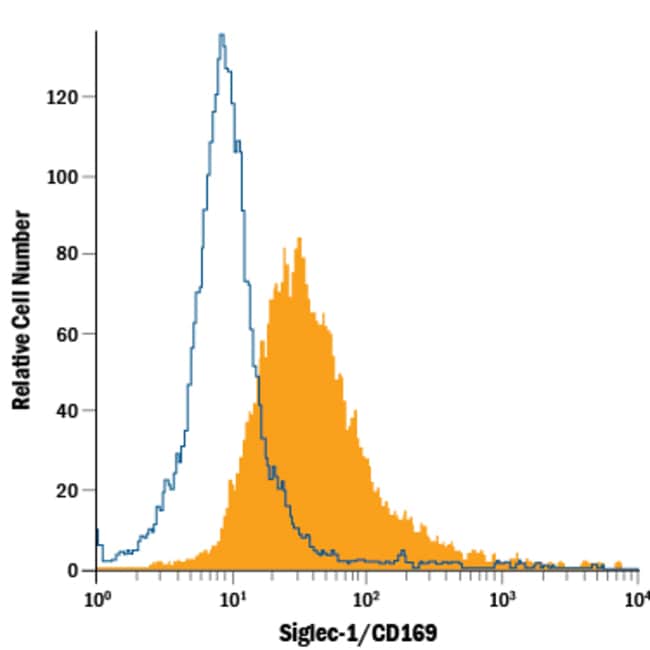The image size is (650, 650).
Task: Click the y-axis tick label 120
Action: click(62, 98)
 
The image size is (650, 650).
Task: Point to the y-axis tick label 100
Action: click(62, 177)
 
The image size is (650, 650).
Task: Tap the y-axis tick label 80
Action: click(68, 254)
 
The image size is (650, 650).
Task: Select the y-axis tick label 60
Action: click(68, 334)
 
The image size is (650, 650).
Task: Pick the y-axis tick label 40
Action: click(68, 411)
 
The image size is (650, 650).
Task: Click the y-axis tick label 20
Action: click(68, 491)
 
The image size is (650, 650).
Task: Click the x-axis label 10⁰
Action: click(97, 599)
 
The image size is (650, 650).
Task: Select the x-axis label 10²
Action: click(366, 599)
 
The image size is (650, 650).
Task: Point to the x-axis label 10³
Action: click(502, 599)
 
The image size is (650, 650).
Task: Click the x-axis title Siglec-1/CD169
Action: click(358, 633)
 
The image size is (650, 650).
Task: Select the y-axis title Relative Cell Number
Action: click(22, 310)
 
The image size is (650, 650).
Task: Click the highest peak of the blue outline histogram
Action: click(222, 34)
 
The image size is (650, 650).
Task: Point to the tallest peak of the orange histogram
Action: click(299, 238)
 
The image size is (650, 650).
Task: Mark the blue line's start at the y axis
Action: click(97, 530)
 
